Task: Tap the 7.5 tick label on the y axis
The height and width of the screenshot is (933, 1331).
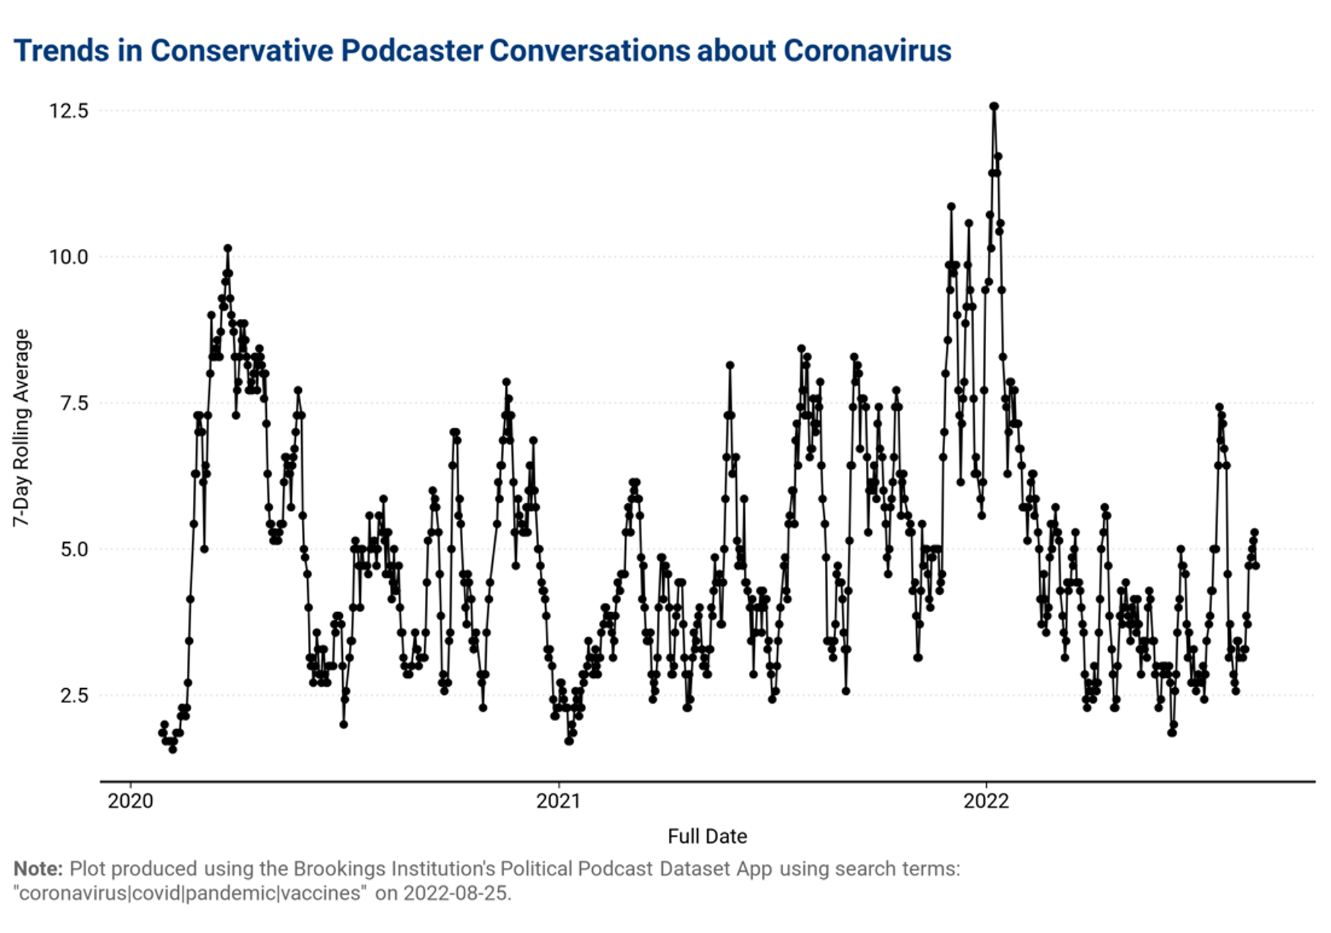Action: (74, 403)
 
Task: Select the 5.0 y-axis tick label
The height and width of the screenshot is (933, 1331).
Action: (74, 549)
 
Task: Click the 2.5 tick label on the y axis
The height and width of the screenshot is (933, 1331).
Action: (74, 695)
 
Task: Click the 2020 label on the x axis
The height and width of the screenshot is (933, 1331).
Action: (130, 800)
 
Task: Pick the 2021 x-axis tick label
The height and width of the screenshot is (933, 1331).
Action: (559, 800)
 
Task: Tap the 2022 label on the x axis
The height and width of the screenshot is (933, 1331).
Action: (986, 800)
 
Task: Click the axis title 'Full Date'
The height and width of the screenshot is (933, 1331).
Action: (707, 836)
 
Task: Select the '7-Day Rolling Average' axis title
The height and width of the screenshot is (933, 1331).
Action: (22, 428)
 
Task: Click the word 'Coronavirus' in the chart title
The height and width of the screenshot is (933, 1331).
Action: (867, 51)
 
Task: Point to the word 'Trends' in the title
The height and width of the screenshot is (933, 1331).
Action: (61, 51)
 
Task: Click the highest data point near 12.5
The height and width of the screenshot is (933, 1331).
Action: (994, 106)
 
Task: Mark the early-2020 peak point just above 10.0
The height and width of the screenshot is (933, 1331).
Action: (228, 248)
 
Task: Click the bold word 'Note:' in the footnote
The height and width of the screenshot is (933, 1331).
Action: (38, 868)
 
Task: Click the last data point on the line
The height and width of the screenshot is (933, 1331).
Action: (1256, 566)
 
